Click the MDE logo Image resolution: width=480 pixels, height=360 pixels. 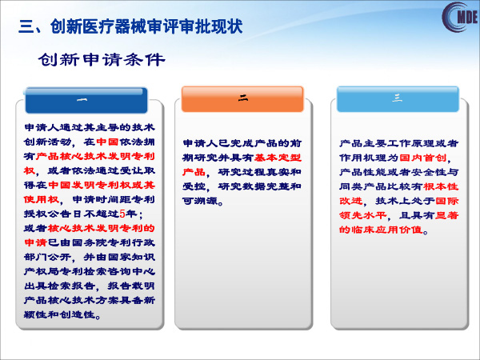pyautogui.click(x=460, y=17)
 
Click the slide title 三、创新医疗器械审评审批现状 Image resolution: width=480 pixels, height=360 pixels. pyautogui.click(x=130, y=26)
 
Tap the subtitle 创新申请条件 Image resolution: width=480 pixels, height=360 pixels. pyautogui.click(x=102, y=59)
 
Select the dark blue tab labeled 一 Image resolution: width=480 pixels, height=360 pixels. pyautogui.click(x=86, y=101)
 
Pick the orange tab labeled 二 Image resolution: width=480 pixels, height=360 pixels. pyautogui.click(x=242, y=99)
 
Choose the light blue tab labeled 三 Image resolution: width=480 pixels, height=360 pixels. pyautogui.click(x=398, y=99)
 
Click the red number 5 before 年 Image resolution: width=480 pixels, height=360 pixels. pyautogui.click(x=122, y=214)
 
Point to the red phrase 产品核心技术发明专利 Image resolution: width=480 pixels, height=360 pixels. pyautogui.click(x=95, y=156)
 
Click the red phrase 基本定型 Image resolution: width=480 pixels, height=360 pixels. pyautogui.click(x=278, y=158)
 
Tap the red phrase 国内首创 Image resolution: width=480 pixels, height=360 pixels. pyautogui.click(x=423, y=158)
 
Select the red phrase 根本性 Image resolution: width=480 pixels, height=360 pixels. pyautogui.click(x=441, y=186)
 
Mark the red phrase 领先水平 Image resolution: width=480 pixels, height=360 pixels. pyautogui.click(x=362, y=215)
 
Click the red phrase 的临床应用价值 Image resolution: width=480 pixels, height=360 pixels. pyautogui.click(x=381, y=230)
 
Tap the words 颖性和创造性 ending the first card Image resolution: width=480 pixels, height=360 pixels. pyautogui.click(x=59, y=314)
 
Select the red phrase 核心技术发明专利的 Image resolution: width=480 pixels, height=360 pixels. pyautogui.click(x=102, y=228)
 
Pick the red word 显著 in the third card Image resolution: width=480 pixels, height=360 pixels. pyautogui.click(x=446, y=215)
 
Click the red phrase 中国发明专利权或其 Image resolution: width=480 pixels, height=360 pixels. pyautogui.click(x=102, y=185)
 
